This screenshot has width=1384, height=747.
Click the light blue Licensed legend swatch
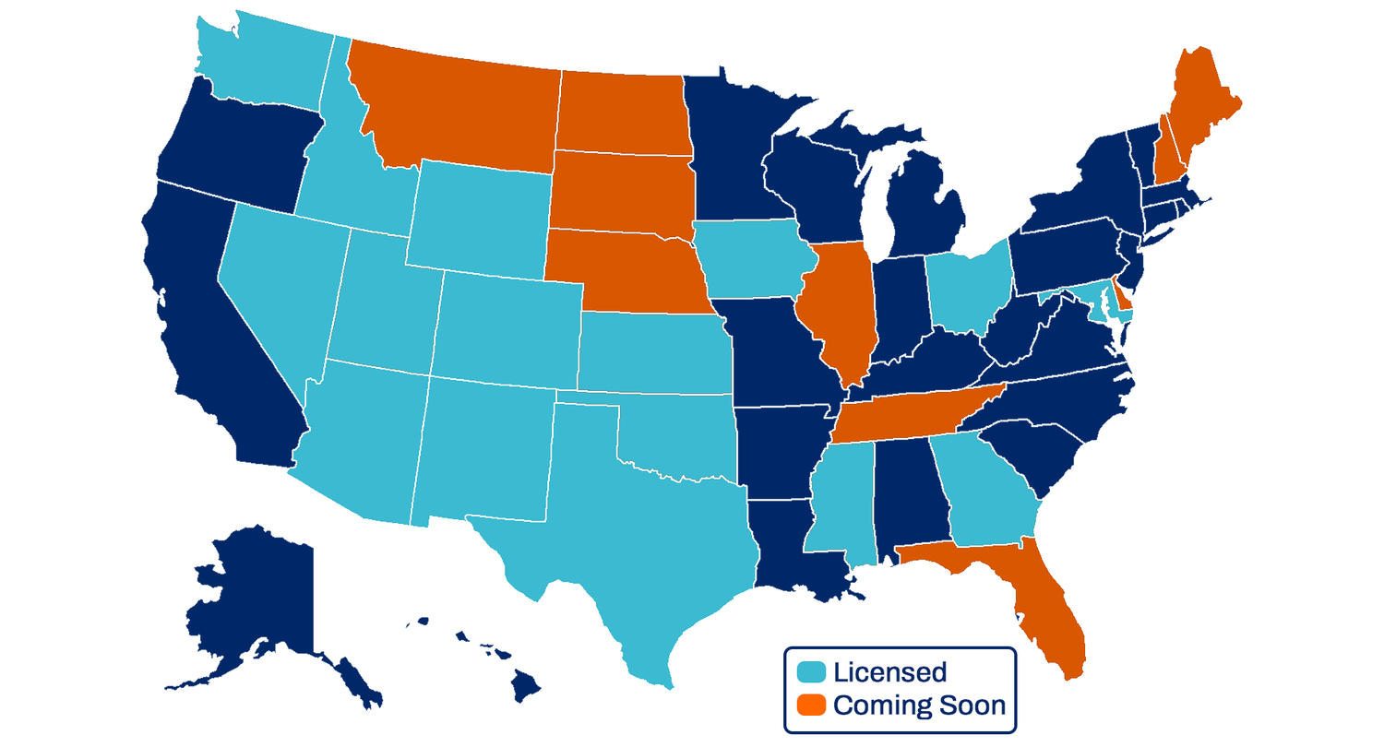[812, 671]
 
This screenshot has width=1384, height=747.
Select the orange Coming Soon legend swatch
[812, 705]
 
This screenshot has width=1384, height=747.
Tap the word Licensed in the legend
[889, 671]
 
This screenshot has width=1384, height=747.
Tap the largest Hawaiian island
[526, 684]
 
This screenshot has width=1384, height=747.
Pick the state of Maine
[1199, 111]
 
